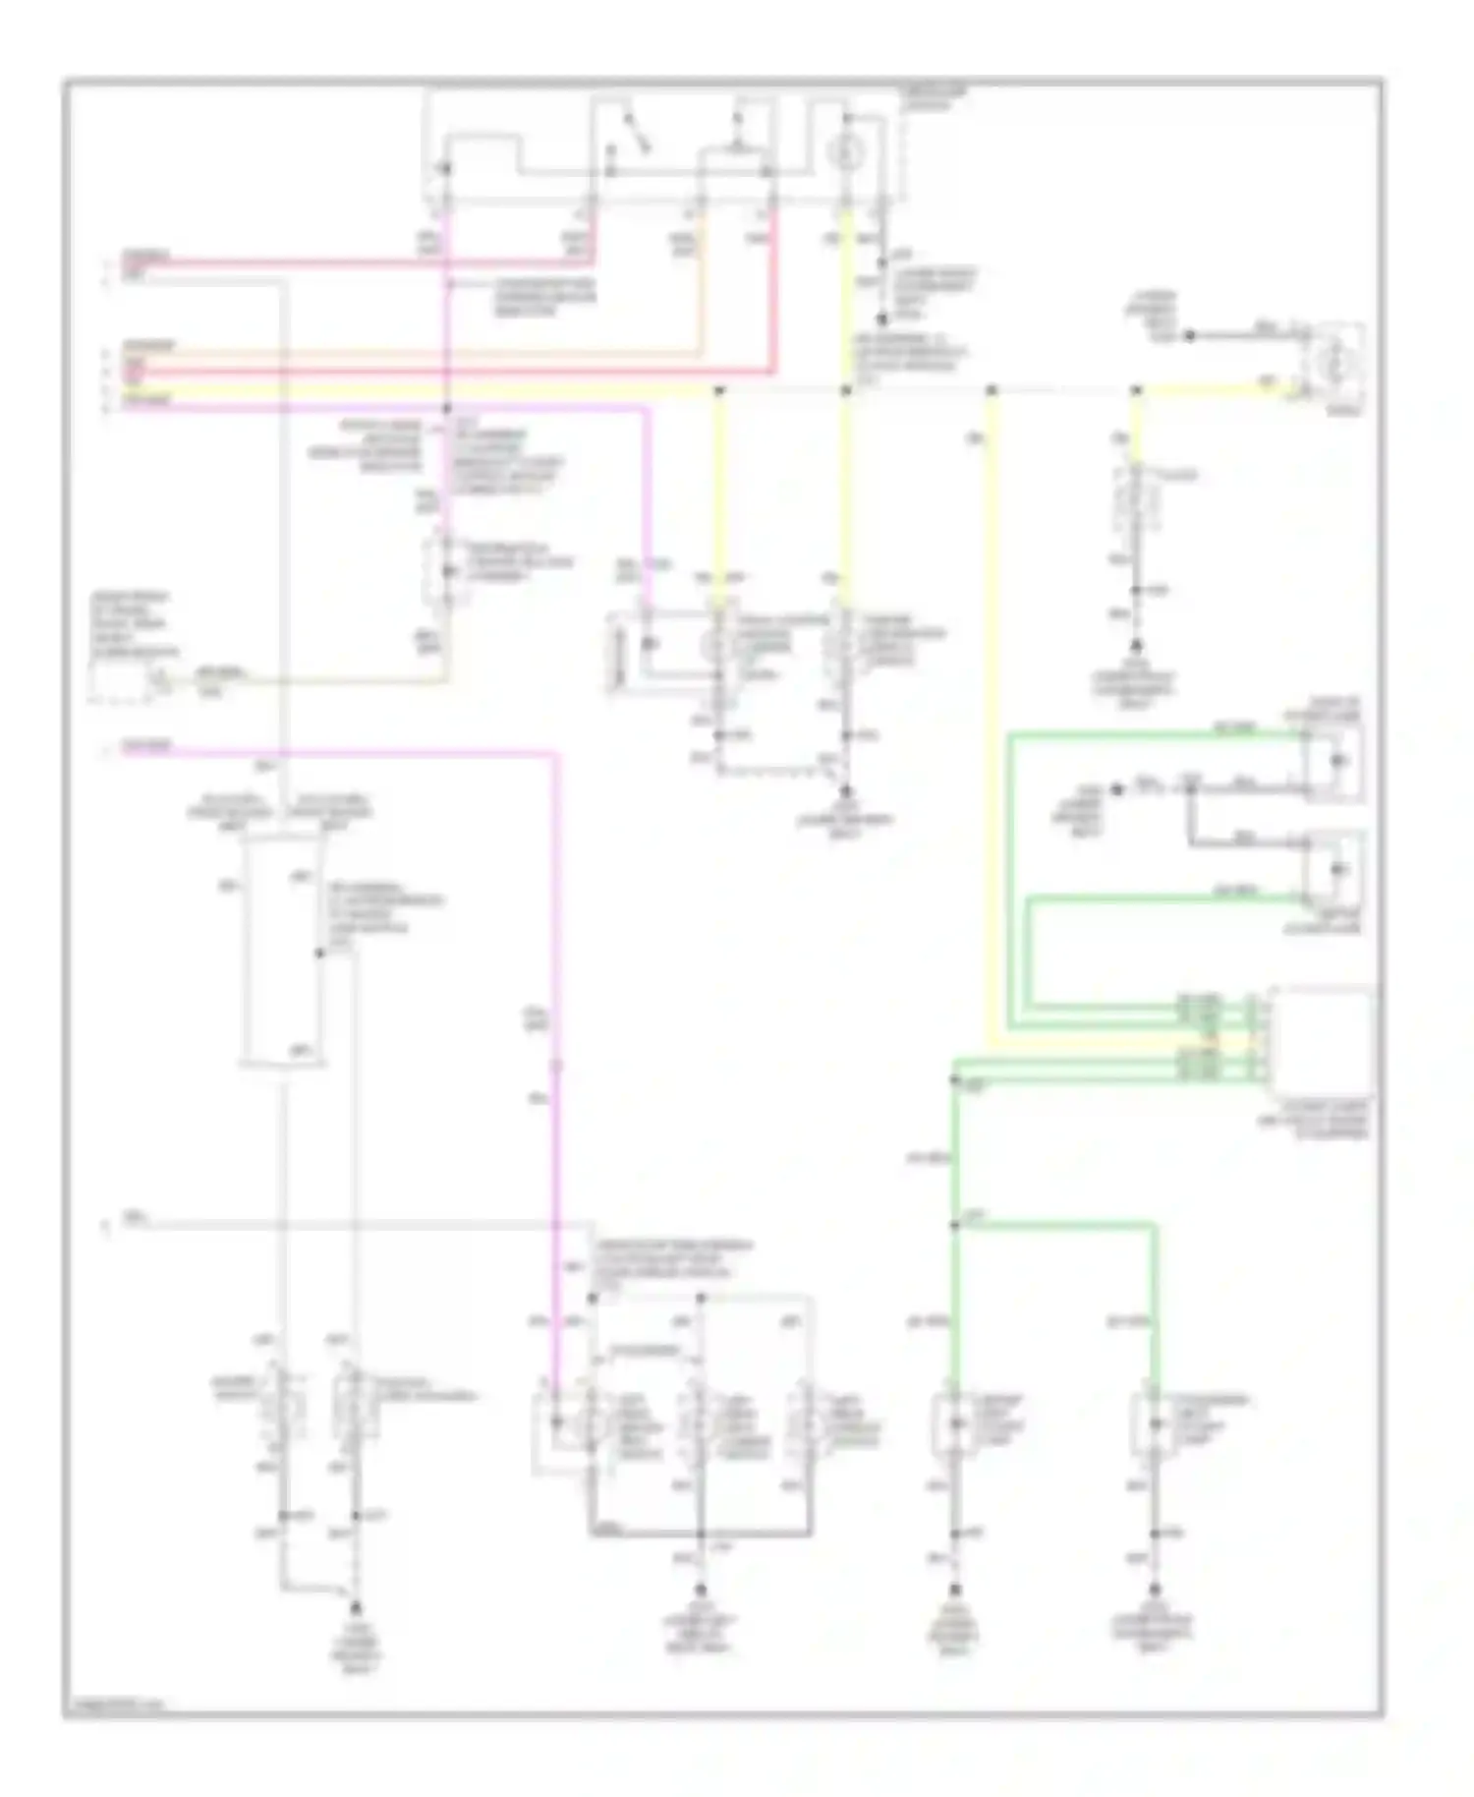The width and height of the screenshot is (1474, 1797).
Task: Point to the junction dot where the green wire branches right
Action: point(954,1225)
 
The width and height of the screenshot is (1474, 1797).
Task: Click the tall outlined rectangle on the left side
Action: point(284,952)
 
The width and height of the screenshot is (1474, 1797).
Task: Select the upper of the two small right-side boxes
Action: point(1333,763)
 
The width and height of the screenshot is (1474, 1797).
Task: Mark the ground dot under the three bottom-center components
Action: point(702,1589)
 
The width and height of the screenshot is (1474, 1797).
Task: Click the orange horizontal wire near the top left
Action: point(393,351)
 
